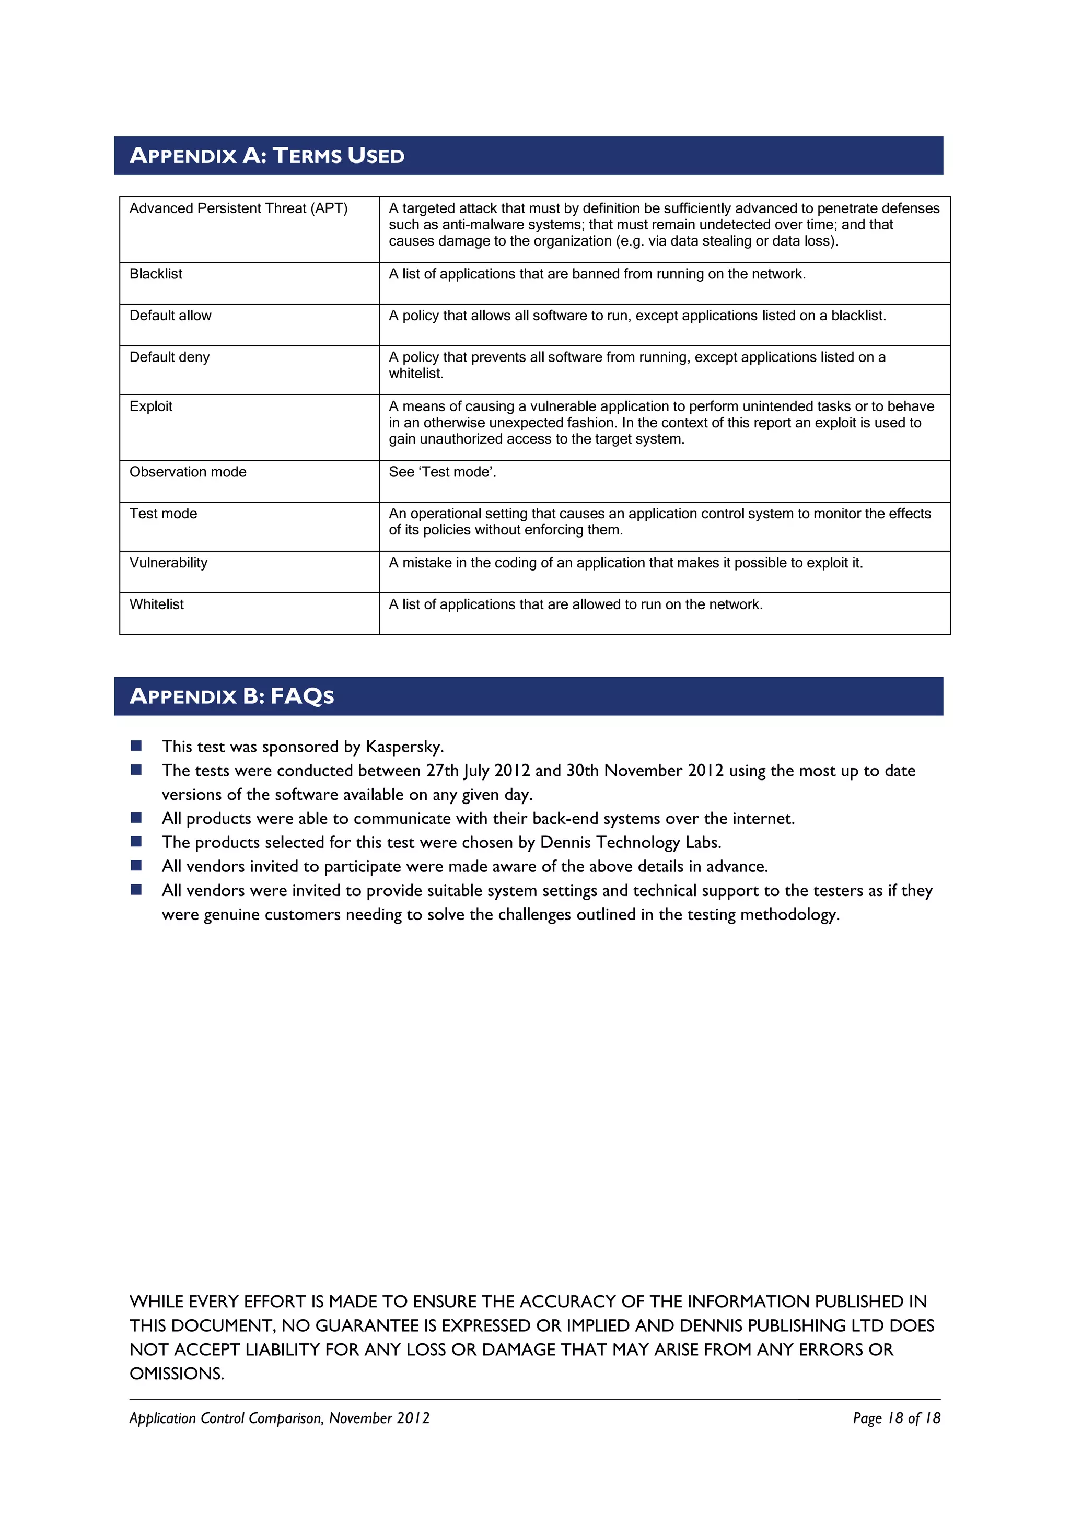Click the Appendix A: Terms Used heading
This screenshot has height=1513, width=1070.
(x=267, y=156)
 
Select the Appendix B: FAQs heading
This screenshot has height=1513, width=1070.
(x=232, y=696)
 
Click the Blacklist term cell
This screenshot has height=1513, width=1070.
(x=156, y=274)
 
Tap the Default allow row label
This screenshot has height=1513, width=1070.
(x=171, y=316)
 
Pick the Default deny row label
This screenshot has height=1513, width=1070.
(x=169, y=357)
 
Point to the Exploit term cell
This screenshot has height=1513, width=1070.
(x=151, y=406)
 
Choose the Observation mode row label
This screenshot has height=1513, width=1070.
(x=188, y=472)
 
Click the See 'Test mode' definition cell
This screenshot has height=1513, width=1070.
(x=442, y=472)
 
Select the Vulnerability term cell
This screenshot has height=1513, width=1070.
(x=168, y=563)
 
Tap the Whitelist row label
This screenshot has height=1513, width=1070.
(x=157, y=604)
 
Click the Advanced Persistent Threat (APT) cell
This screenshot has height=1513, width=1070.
(x=239, y=208)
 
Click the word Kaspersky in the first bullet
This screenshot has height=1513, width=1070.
(x=403, y=747)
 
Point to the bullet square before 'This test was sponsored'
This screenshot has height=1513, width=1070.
(x=136, y=746)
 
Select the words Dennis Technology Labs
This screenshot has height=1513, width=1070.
(x=629, y=842)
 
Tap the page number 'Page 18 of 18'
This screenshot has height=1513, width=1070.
(x=896, y=1418)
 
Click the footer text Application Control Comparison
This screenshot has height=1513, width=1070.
(x=226, y=1418)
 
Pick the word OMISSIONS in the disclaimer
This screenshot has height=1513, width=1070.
(x=177, y=1374)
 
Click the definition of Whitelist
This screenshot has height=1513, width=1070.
(x=575, y=604)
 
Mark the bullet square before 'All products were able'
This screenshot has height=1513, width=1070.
(x=136, y=818)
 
